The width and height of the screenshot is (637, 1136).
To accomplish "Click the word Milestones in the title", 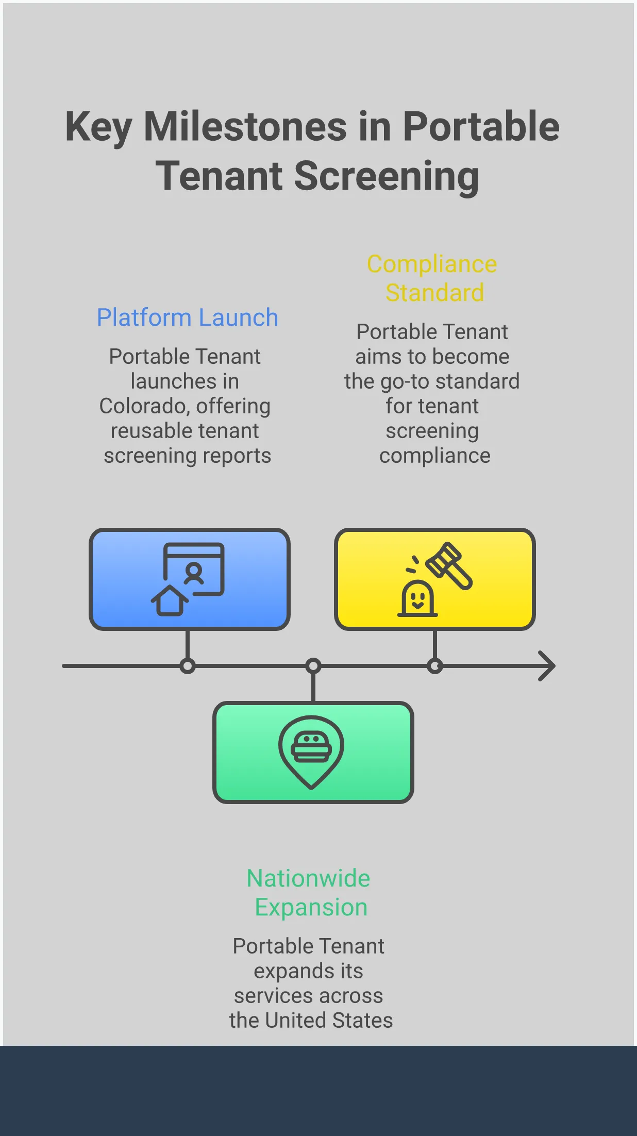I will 245,127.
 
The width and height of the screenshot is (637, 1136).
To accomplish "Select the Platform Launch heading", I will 188,318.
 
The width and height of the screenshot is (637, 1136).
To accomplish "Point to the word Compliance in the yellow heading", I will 432,264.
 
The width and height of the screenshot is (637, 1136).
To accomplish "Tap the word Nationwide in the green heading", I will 308,878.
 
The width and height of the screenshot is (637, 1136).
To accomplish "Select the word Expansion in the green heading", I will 311,907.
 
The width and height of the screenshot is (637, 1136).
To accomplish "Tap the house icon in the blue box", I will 170,600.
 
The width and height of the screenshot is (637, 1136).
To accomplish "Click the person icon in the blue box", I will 194,574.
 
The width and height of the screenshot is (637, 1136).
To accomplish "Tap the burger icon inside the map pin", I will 311,747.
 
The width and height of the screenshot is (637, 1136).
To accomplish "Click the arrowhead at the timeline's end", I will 547,666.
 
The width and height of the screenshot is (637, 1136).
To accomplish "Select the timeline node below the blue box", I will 188,666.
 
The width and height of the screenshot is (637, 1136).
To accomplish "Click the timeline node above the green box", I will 313,666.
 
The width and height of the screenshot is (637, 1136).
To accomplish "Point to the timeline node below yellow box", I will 435,666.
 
